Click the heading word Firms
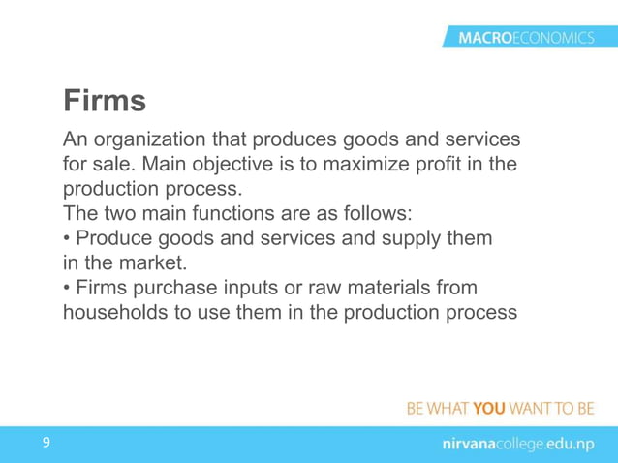105,100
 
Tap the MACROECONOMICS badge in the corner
519,38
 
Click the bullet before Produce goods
67,238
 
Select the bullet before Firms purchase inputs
67,289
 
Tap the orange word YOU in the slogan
489,408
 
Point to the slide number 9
45,443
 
